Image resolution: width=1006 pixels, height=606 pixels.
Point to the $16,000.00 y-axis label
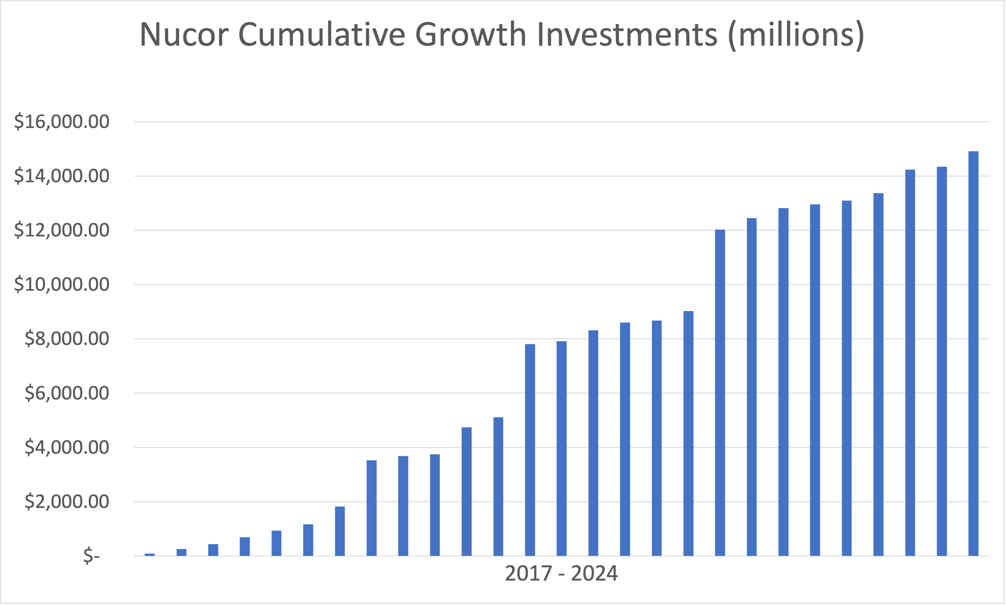pos(62,122)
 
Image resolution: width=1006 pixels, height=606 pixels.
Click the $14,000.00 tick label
pos(62,176)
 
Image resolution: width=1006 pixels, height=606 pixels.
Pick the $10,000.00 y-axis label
pos(62,284)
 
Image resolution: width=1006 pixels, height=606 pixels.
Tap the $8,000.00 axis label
pos(67,339)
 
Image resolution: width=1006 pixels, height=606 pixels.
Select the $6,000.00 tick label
pos(67,393)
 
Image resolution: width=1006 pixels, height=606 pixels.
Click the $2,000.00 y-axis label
pos(67,502)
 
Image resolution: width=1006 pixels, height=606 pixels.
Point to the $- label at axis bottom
pos(92,556)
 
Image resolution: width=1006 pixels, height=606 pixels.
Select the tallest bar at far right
pos(973,353)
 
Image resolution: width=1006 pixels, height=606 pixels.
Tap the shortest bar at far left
pos(150,555)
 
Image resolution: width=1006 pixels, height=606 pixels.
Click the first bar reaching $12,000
pos(720,392)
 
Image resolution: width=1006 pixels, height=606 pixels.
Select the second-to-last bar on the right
pos(941,362)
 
